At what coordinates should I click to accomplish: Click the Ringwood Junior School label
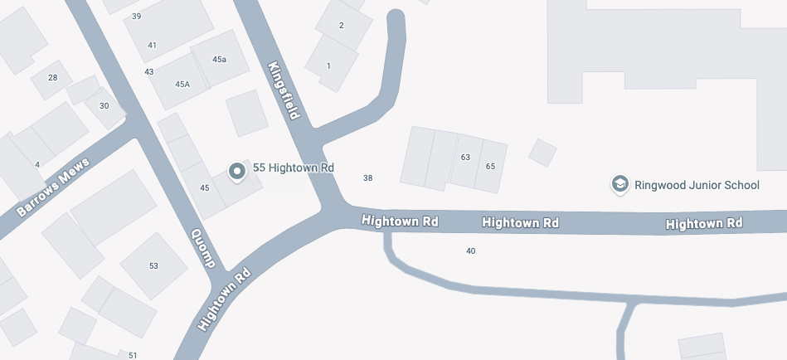click(697, 185)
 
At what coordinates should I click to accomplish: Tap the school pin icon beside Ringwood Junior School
click(619, 184)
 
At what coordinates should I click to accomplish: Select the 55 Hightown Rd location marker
click(237, 171)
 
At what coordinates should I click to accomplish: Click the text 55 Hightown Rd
click(293, 168)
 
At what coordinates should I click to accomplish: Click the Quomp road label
click(203, 249)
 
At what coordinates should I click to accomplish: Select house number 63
click(465, 157)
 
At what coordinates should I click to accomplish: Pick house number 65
click(490, 166)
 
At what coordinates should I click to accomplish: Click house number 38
click(368, 178)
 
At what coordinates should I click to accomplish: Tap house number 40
click(471, 251)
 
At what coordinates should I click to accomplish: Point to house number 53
click(153, 265)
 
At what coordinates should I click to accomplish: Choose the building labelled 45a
click(219, 60)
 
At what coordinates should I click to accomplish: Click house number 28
click(53, 78)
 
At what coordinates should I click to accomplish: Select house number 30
click(104, 105)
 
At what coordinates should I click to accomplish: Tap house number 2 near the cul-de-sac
click(341, 25)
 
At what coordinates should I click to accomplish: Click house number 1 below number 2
click(328, 66)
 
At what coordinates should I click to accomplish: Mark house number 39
click(136, 17)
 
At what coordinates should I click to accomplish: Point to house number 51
click(133, 355)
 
